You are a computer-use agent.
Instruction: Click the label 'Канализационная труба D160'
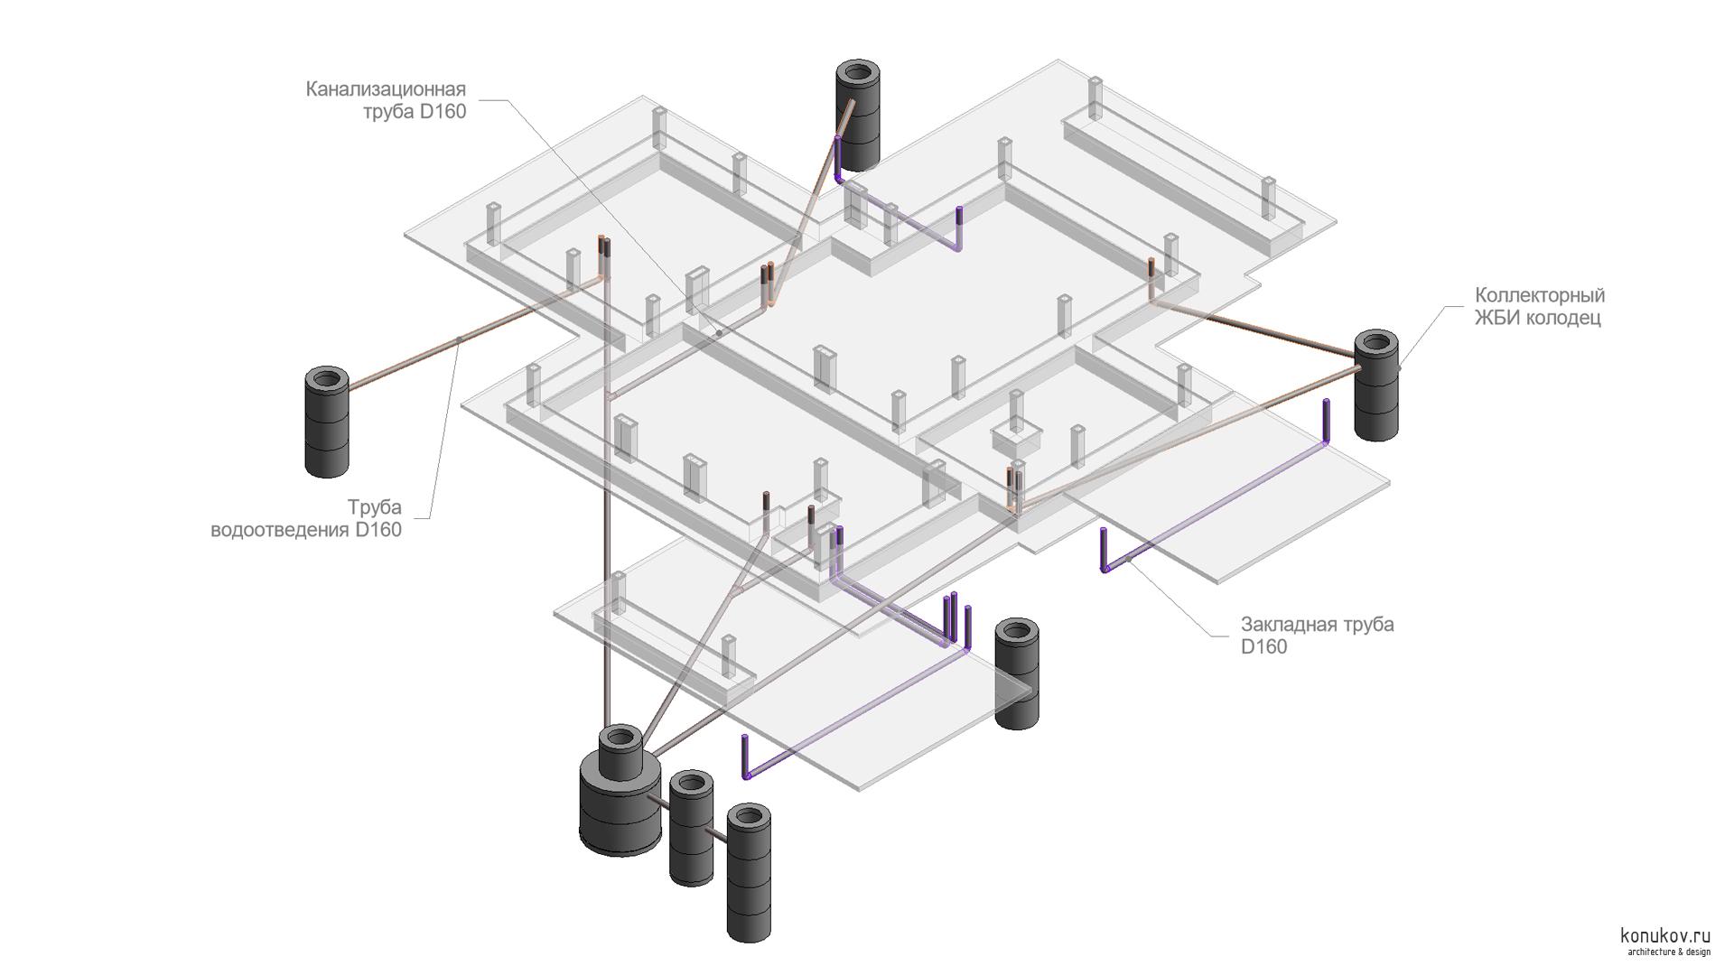pos(386,100)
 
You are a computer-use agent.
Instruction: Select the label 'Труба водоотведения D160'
pos(306,518)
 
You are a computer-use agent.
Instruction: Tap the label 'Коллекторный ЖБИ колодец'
pos(1539,306)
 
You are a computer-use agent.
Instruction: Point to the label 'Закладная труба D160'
pos(1317,635)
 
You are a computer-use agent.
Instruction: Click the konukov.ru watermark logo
pos(1665,935)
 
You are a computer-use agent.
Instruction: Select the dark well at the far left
pos(327,424)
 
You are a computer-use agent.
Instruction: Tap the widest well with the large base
pos(620,794)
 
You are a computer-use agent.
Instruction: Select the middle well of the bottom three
pos(692,828)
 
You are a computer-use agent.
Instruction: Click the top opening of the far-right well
pos(1375,343)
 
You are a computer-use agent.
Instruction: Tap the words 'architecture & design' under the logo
pos(1668,952)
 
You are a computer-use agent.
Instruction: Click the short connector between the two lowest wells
pos(721,835)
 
